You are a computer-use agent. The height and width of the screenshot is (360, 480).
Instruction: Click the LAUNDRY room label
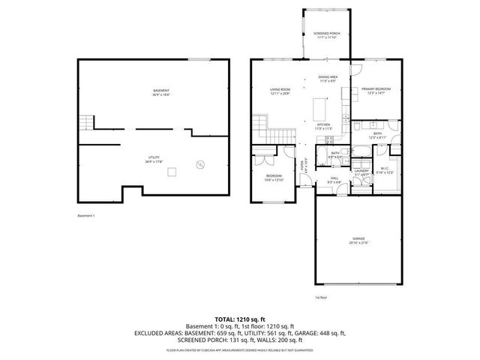pyautogui.click(x=361, y=171)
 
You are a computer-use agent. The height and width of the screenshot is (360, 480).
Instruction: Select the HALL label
pyautogui.click(x=334, y=180)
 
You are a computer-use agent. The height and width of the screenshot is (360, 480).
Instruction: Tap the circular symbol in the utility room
pyautogui.click(x=199, y=163)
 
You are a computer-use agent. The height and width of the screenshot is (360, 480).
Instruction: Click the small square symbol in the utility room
pyautogui.click(x=172, y=173)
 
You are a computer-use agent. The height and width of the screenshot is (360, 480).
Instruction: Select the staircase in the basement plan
pyautogui.click(x=87, y=122)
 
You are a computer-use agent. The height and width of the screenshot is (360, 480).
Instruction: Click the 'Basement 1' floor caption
pyautogui.click(x=87, y=216)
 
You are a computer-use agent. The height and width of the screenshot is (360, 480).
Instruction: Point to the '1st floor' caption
pyautogui.click(x=320, y=298)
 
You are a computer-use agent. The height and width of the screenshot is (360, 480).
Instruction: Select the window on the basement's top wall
pyautogui.click(x=199, y=59)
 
